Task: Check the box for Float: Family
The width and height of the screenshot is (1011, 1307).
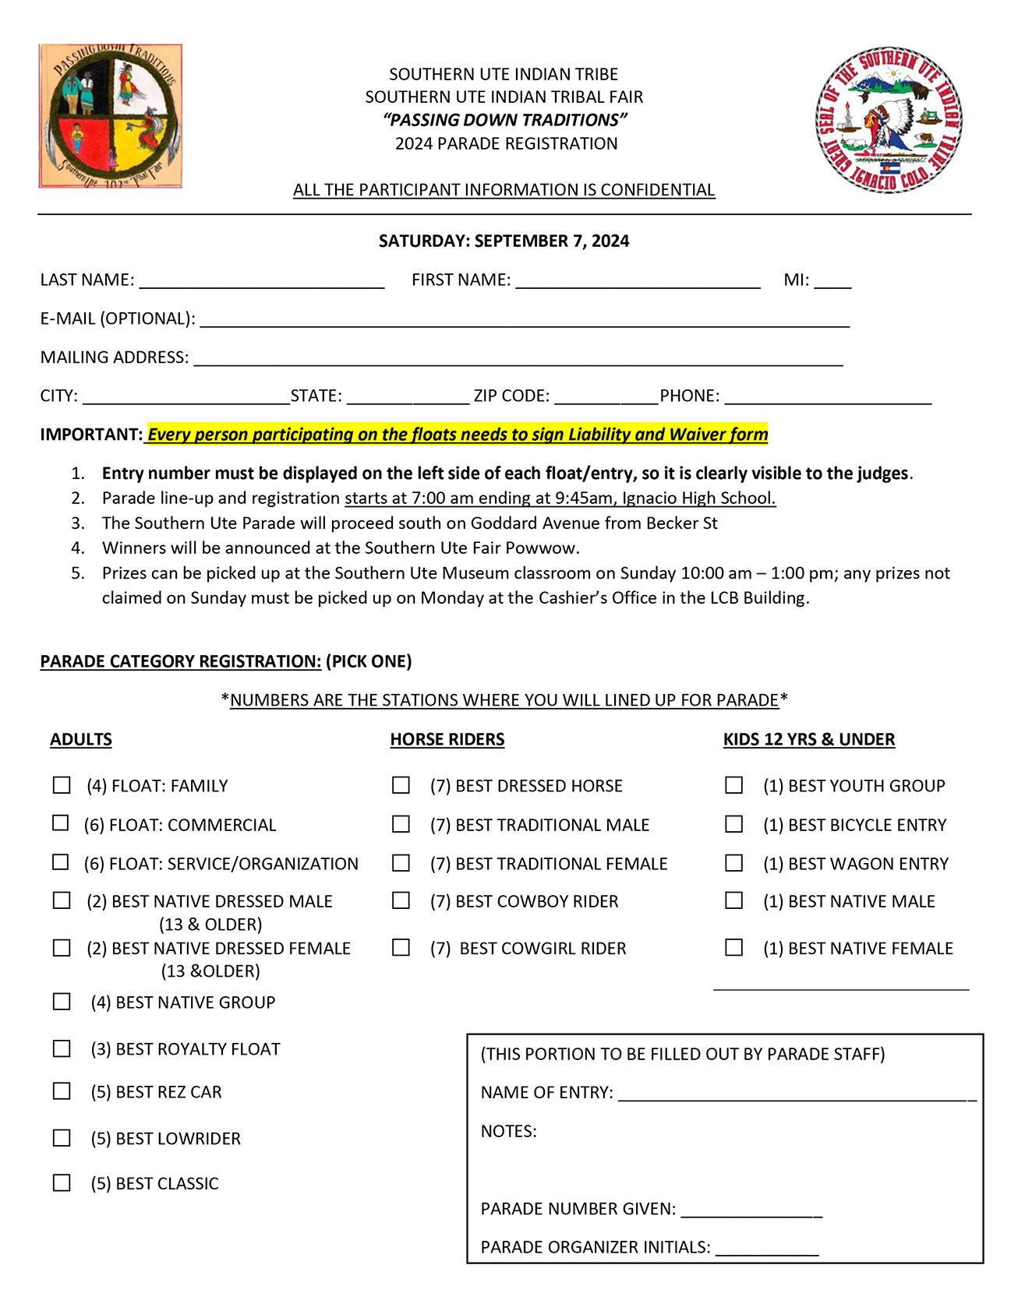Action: (62, 785)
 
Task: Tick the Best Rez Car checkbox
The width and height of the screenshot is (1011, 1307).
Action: (62, 1091)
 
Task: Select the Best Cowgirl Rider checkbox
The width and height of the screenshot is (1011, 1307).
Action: (401, 947)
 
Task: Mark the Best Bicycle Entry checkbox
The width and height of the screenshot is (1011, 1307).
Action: (734, 823)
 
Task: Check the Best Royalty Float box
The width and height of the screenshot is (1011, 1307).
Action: (62, 1048)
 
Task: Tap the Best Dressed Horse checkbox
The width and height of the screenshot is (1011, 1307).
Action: (401, 785)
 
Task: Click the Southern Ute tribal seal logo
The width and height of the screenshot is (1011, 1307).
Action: (889, 120)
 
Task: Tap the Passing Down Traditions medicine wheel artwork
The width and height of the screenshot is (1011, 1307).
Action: (110, 116)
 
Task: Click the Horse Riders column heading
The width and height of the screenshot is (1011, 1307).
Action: (447, 739)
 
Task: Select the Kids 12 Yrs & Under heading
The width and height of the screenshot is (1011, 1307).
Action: (808, 739)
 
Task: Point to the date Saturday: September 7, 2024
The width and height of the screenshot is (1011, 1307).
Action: (504, 241)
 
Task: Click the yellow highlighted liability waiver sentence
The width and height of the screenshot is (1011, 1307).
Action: (458, 435)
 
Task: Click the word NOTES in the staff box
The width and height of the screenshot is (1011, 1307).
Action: (508, 1131)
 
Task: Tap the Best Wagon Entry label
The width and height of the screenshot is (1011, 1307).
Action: (855, 863)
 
